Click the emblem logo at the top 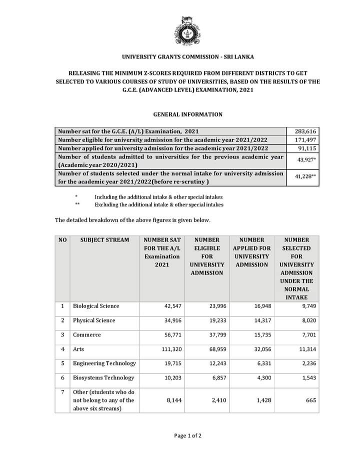click(180, 31)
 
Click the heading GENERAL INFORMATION click(180, 114)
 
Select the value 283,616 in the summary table click(305, 131)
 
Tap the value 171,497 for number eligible click(305, 140)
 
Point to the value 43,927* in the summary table click(306, 159)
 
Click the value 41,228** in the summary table click(305, 177)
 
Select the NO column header click(62, 240)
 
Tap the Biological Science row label click(96, 306)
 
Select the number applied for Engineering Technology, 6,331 click(262, 364)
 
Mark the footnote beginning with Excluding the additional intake click(158, 204)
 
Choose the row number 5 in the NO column click(62, 363)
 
